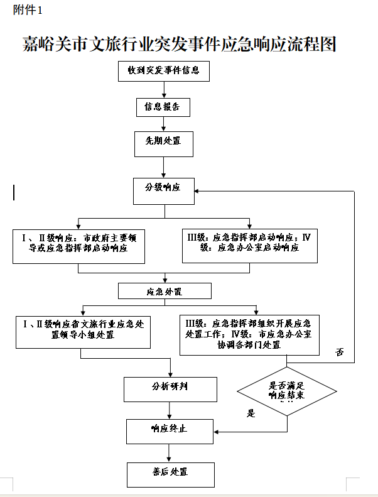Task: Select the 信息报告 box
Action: coord(163,107)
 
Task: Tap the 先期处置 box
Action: coord(163,142)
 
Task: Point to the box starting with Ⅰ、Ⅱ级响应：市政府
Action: coord(78,245)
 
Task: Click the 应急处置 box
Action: coord(165,291)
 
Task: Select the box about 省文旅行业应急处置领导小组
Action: coord(83,330)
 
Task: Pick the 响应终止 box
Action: coord(170,431)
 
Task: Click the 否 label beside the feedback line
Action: coord(340,352)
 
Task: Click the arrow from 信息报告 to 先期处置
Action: coord(163,123)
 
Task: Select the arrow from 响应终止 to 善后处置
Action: coord(168,453)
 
